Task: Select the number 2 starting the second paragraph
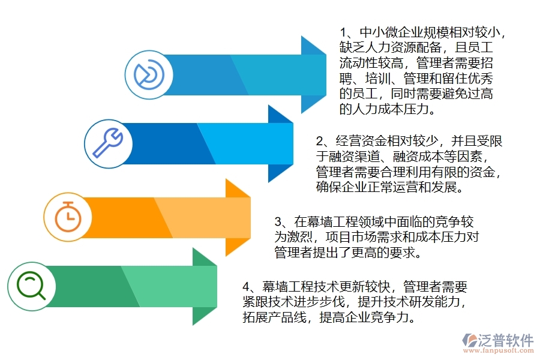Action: tap(320, 142)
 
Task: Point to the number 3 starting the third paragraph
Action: tap(278, 222)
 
